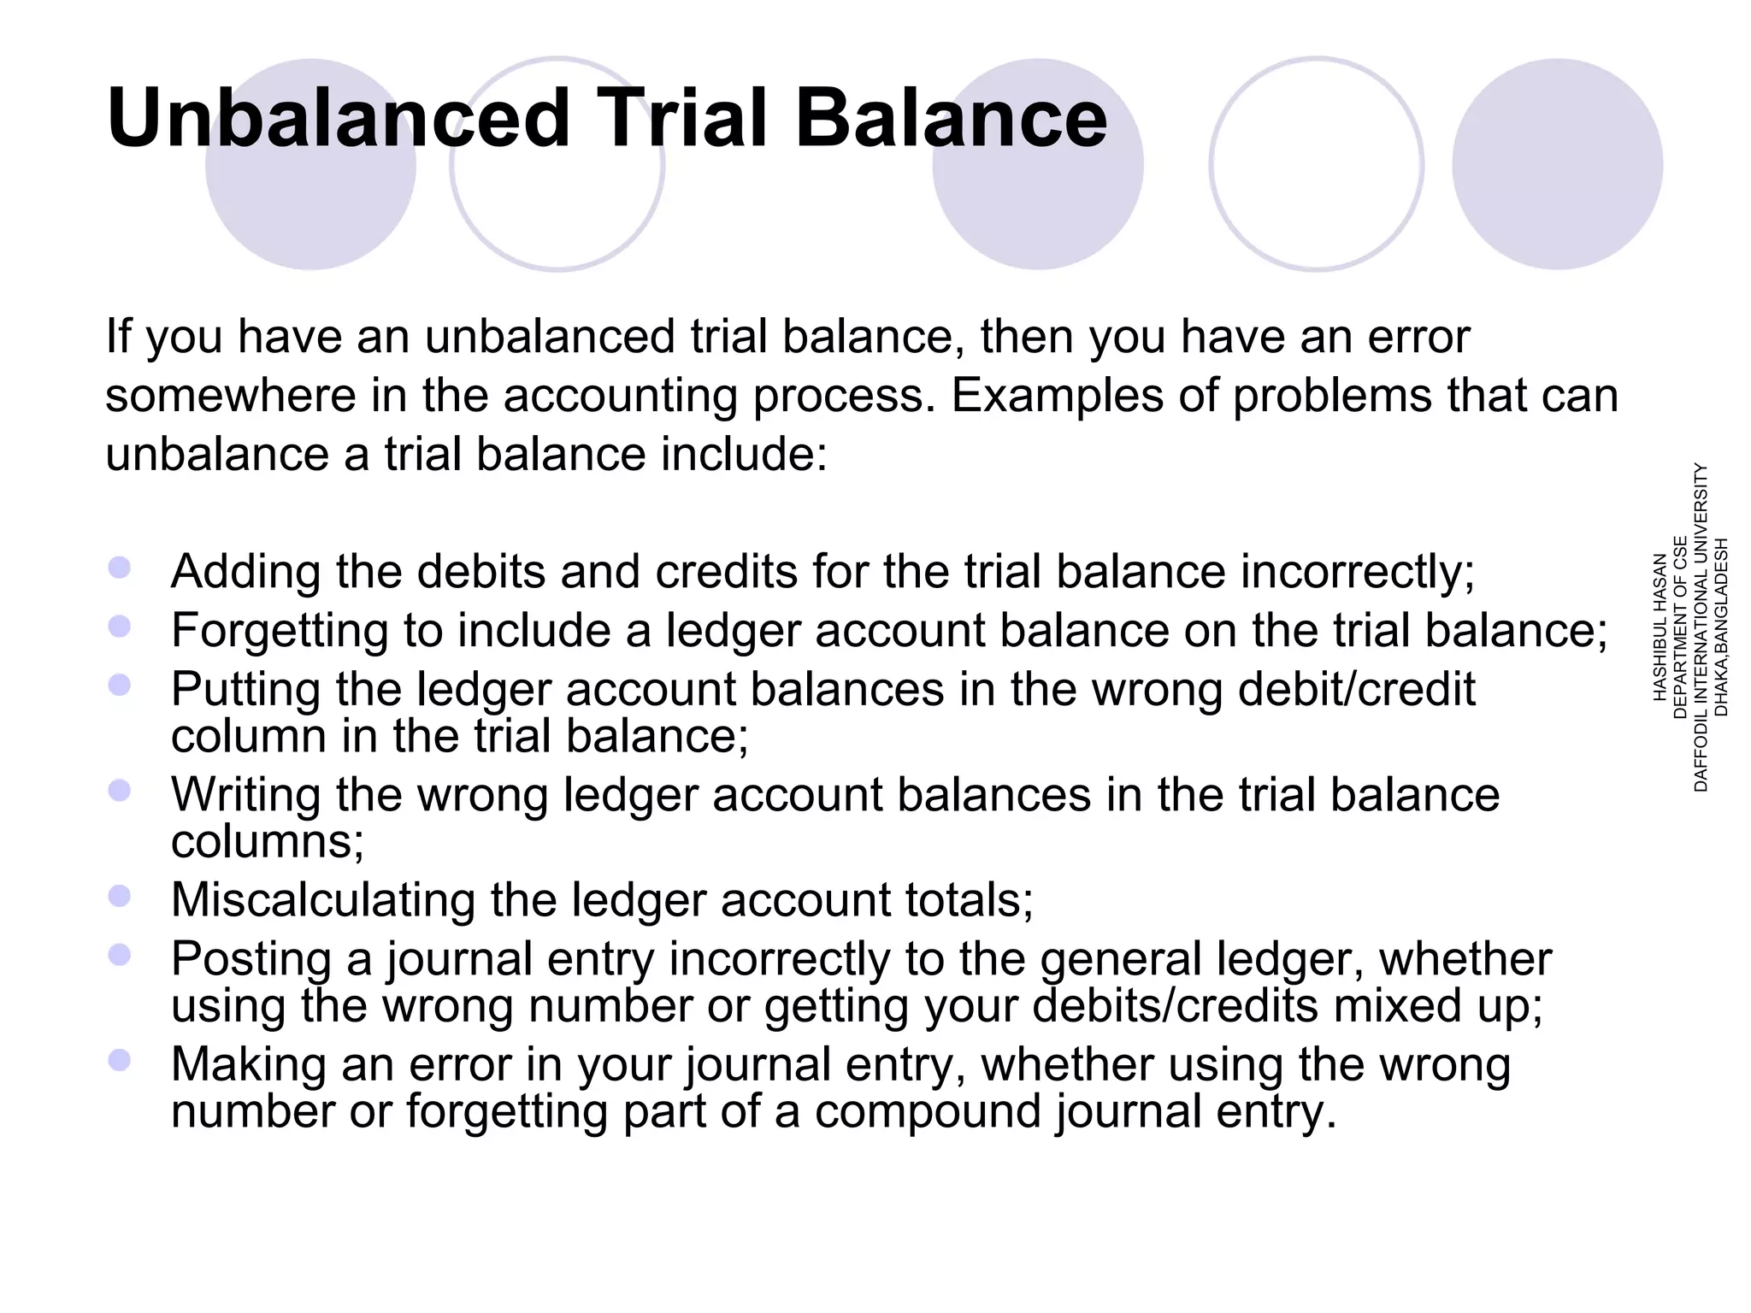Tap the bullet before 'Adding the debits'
[120, 568]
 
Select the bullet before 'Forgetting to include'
[120, 627]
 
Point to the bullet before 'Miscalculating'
[120, 896]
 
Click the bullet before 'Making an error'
[120, 1061]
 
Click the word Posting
[251, 959]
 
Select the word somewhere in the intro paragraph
[230, 396]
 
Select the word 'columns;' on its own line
[268, 842]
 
